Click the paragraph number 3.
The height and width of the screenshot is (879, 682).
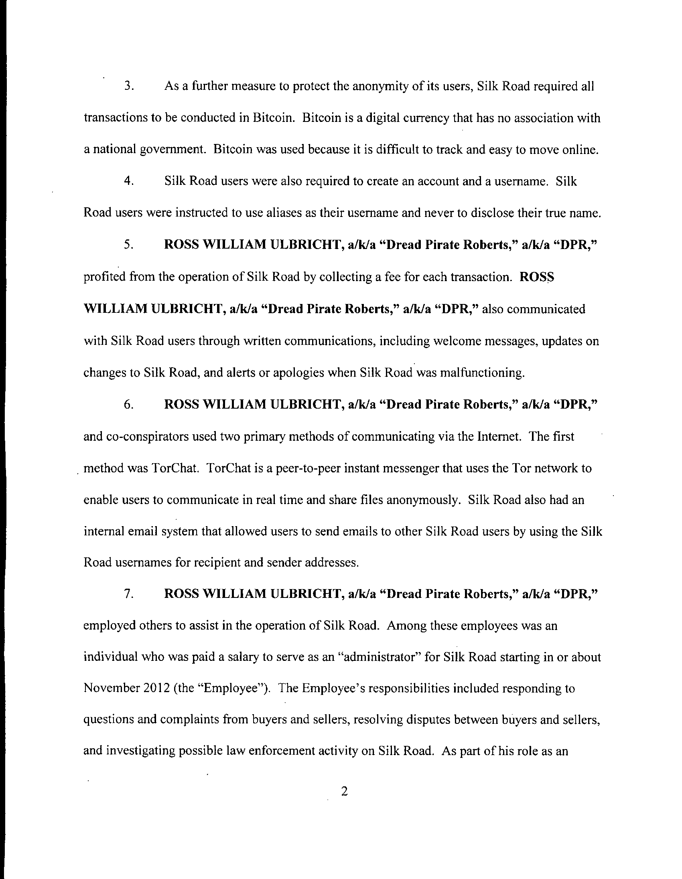click(x=128, y=87)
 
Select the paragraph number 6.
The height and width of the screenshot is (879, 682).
click(x=128, y=405)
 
